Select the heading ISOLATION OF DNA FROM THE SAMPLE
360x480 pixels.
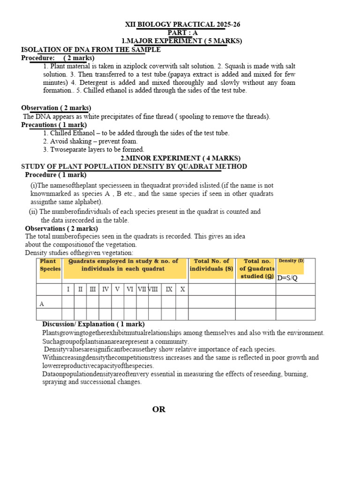tap(91, 50)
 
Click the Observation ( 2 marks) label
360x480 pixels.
tap(56, 108)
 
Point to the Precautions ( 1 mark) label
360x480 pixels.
tap(54, 125)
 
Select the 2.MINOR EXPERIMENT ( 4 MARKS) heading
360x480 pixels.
tap(180, 158)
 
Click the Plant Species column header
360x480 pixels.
tap(50, 265)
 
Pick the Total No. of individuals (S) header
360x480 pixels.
tap(211, 265)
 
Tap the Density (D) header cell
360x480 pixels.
tap(291, 261)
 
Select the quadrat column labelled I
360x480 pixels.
tap(68, 289)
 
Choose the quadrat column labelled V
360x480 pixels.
tap(117, 289)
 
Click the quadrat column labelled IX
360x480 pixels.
tap(169, 289)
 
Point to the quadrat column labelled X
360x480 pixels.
tap(182, 289)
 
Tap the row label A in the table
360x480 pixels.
tap(42, 304)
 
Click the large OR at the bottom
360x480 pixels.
tap(159, 410)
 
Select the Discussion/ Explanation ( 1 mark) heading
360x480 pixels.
tap(93, 324)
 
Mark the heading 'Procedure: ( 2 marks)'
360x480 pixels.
tap(58, 58)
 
